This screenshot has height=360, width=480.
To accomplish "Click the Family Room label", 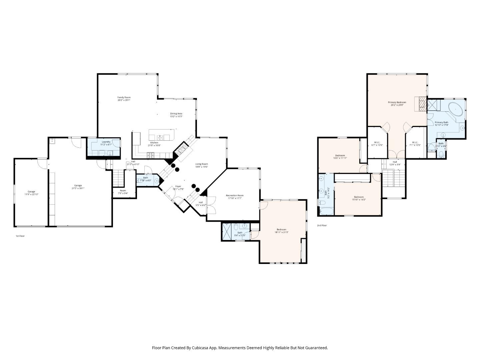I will click(x=124, y=97).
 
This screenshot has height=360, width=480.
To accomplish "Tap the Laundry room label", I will click(x=106, y=142).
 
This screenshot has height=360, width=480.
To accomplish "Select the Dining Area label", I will click(x=176, y=114).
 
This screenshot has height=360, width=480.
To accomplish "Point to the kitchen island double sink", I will click(x=160, y=137).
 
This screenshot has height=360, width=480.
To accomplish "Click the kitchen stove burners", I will click(x=151, y=155).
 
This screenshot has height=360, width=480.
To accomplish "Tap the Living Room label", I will click(x=202, y=164).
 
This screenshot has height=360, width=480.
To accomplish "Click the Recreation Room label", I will click(x=235, y=195).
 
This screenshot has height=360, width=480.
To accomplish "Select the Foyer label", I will click(x=178, y=187).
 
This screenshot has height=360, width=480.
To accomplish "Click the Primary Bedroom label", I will click(x=397, y=102).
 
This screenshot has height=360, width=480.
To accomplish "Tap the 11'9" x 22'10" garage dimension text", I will click(x=31, y=194).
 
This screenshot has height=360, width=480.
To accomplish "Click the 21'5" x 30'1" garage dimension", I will click(x=78, y=188).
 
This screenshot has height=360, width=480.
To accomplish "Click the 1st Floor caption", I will click(x=20, y=236).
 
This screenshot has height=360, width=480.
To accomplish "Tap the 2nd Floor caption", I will click(x=322, y=226).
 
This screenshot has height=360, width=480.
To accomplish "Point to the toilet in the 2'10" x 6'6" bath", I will click(x=441, y=154).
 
